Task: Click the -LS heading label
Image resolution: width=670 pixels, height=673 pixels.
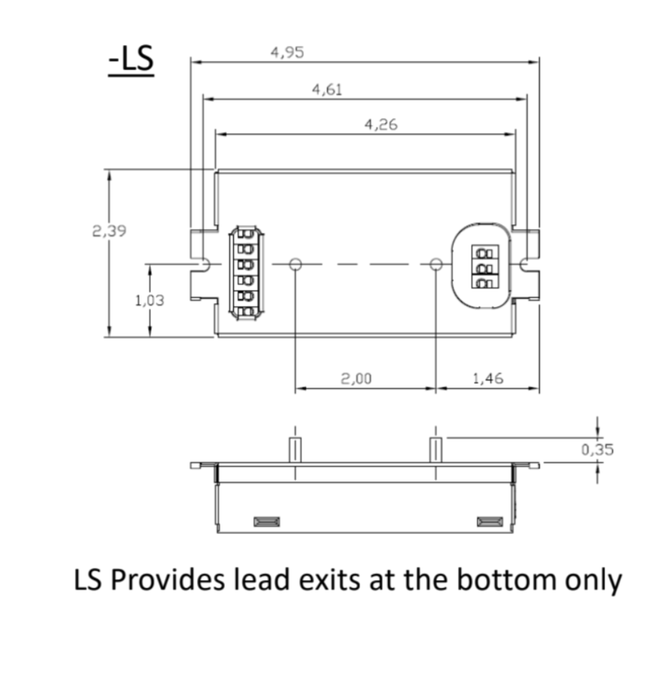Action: (131, 62)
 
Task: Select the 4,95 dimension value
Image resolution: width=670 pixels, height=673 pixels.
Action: (288, 53)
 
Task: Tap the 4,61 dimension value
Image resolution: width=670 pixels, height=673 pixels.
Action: (327, 90)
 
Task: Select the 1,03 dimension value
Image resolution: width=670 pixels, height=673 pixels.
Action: (150, 301)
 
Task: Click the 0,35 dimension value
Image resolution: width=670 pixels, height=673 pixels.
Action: (597, 449)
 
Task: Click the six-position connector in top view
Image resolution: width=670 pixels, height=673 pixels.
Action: (246, 272)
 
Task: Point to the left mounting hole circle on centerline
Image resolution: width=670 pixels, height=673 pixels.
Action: (296, 264)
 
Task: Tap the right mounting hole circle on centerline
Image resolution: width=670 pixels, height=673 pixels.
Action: (436, 264)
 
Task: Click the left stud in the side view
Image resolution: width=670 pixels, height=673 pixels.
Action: (295, 449)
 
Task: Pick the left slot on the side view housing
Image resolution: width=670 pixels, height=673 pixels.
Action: (266, 522)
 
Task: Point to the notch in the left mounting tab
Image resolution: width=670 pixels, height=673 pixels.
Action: (205, 264)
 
